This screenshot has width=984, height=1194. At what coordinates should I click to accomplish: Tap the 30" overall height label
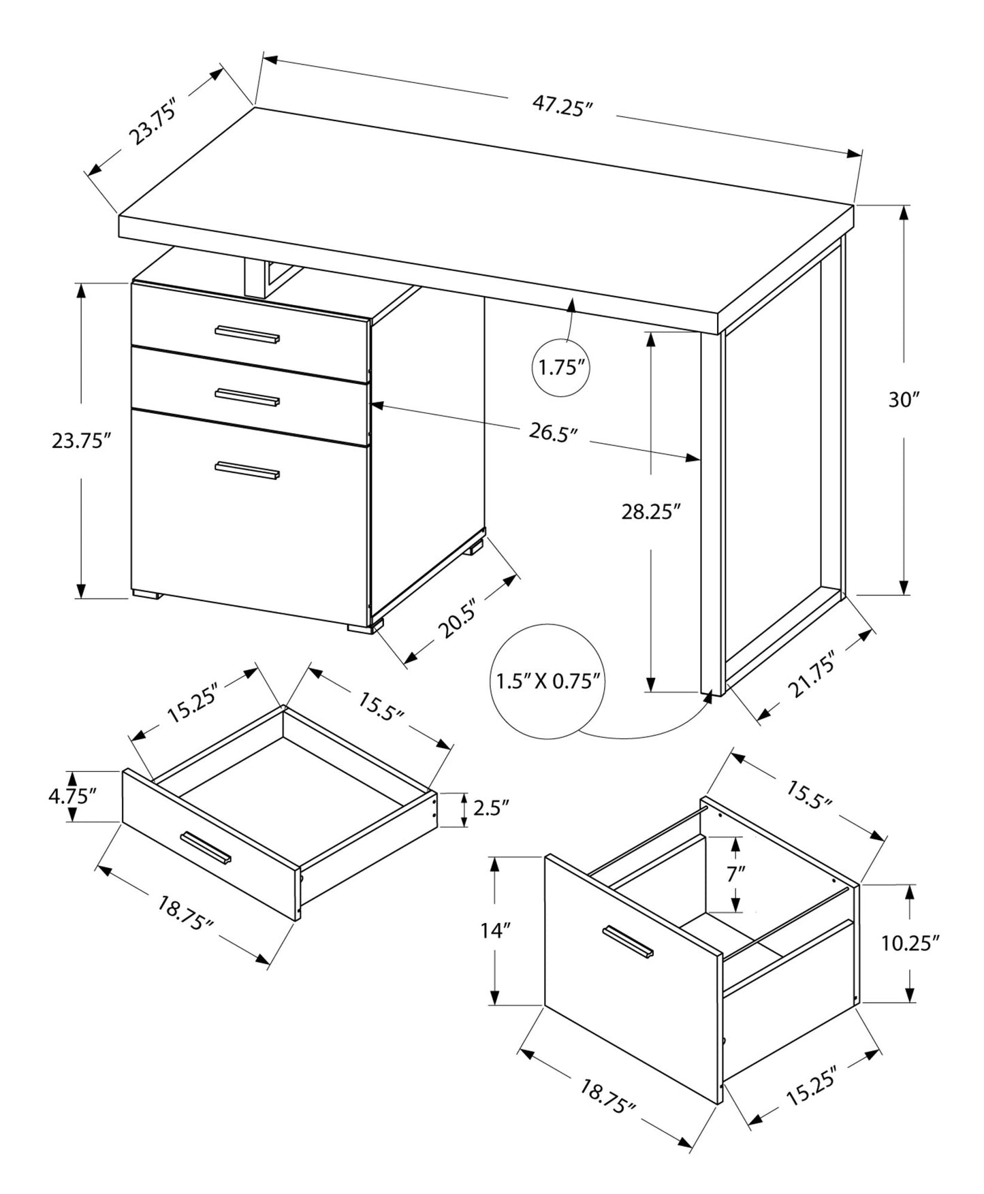point(904,400)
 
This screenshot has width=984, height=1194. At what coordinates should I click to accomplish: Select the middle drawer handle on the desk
point(247,397)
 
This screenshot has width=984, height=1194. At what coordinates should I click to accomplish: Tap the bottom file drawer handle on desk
point(247,470)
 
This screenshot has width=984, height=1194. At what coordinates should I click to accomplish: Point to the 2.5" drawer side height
point(491,809)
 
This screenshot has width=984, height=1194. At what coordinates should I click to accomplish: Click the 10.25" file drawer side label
point(910,943)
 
